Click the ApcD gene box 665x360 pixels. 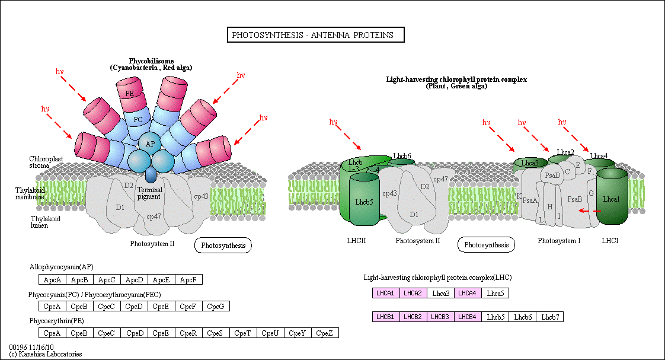(135, 279)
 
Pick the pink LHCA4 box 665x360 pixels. (468, 293)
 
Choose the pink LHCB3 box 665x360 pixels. (440, 317)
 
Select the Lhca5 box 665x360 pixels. (495, 293)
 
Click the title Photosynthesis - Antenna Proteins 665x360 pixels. (315, 35)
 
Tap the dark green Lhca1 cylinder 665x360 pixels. (611, 199)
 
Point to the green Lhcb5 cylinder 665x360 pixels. (364, 202)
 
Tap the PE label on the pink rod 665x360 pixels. (129, 94)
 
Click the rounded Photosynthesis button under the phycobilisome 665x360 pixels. (223, 245)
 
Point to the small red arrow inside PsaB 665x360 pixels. (588, 211)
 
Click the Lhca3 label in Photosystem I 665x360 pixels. (529, 163)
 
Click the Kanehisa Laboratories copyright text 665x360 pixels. (46, 354)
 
